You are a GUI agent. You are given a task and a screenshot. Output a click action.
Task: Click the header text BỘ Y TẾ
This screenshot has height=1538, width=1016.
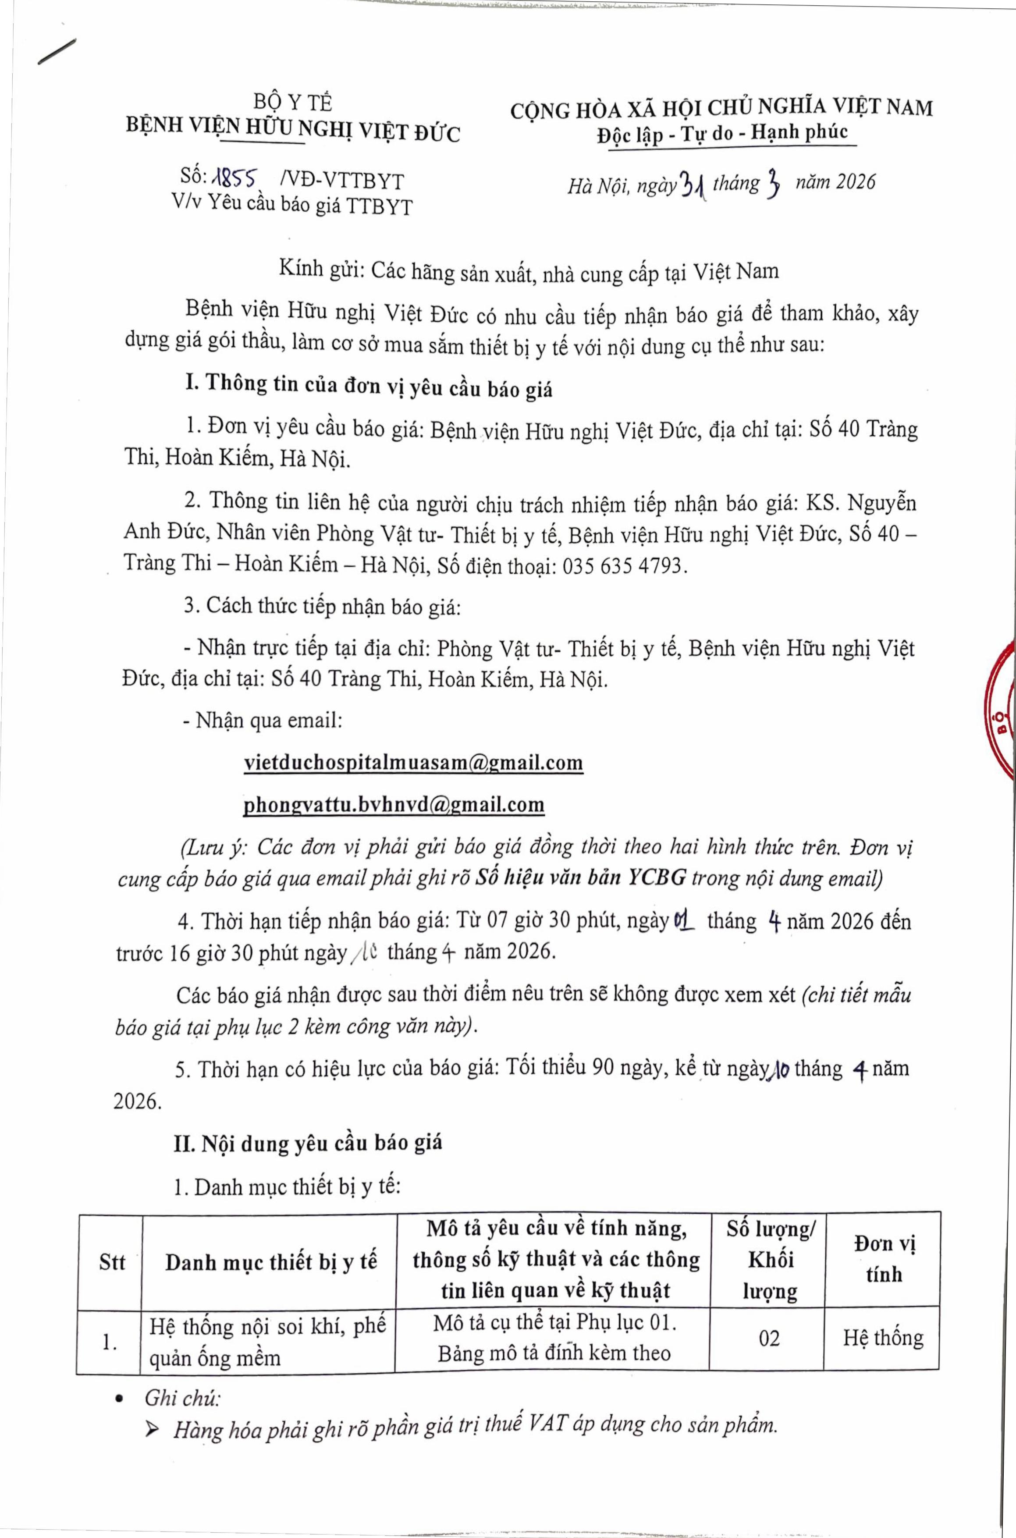[x=292, y=103]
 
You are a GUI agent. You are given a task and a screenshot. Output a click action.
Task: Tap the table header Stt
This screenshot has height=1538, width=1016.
[x=112, y=1263]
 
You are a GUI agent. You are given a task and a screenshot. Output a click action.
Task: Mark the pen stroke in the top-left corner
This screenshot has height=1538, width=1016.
[x=57, y=51]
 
